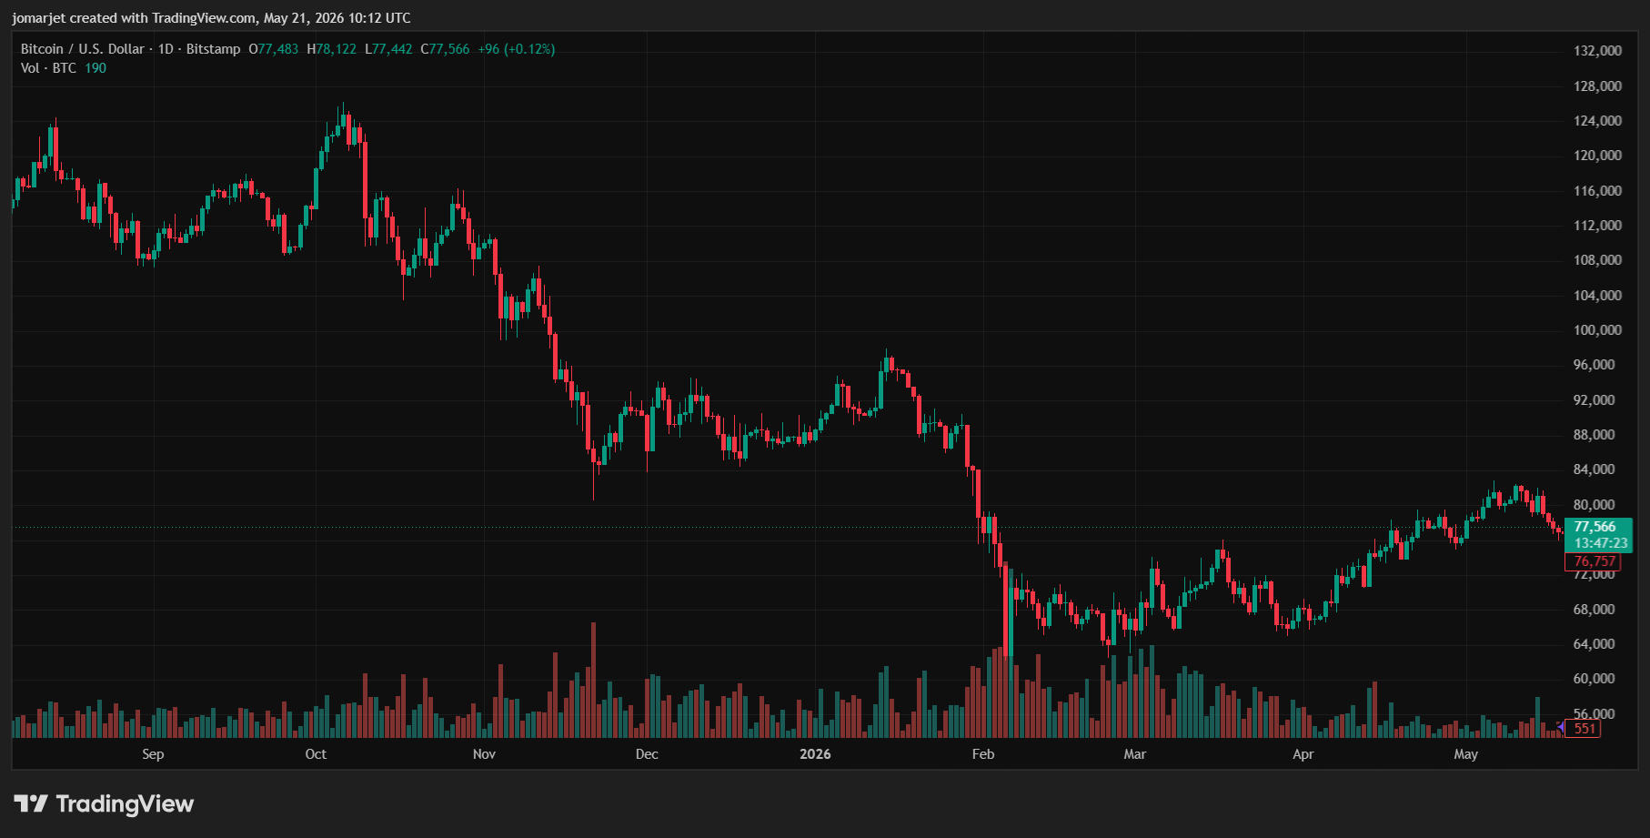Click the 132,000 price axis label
1597,51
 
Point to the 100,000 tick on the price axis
1597,330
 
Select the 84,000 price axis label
1595,469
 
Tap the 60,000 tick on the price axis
1595,679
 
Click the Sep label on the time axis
153,754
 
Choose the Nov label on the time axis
484,754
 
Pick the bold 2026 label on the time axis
815,754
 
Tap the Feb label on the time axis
983,754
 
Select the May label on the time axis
1465,754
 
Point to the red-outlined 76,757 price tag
1595,561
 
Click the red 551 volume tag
1585,728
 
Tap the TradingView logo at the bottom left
104,804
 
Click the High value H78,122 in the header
331,49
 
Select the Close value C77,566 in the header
445,49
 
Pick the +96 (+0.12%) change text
517,49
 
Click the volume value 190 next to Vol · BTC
96,68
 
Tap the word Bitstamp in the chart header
213,49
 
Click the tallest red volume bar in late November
594,680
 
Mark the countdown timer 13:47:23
1601,543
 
